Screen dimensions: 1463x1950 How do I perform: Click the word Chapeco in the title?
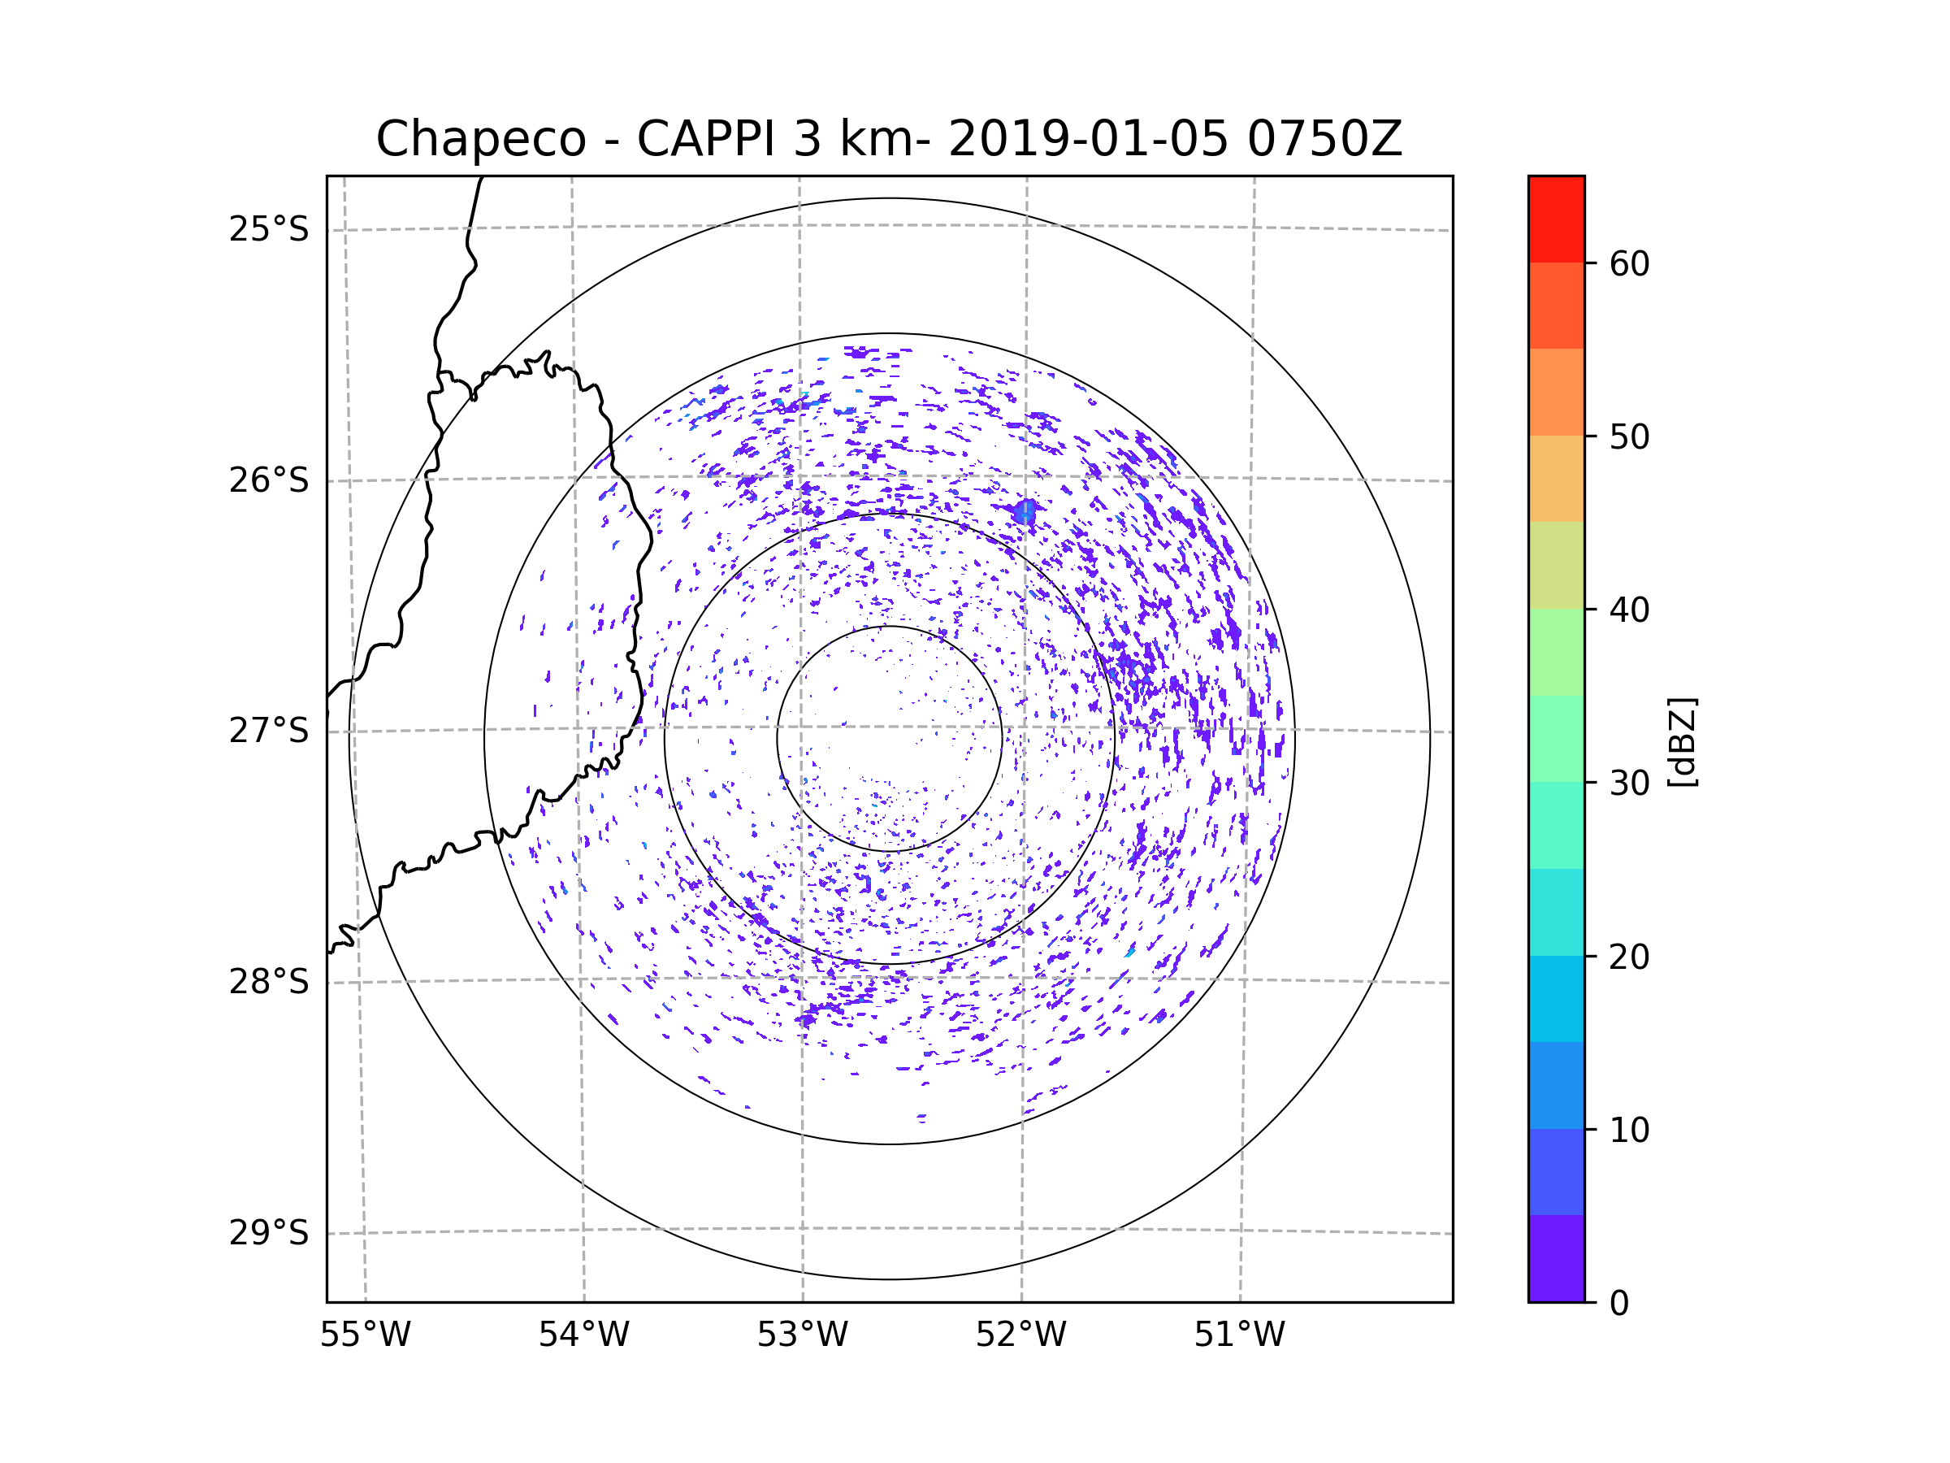pyautogui.click(x=480, y=139)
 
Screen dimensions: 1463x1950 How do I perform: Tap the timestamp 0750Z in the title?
pyautogui.click(x=1324, y=139)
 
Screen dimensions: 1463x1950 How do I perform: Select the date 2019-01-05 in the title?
pyautogui.click(x=1088, y=139)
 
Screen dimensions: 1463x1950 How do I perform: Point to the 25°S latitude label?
pyautogui.click(x=269, y=229)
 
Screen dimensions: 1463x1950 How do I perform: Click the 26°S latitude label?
pyautogui.click(x=269, y=480)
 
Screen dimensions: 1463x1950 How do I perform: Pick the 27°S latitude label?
pyautogui.click(x=269, y=731)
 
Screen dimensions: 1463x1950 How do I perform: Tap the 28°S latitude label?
pyautogui.click(x=269, y=982)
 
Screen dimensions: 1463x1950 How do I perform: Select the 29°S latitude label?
pyautogui.click(x=269, y=1233)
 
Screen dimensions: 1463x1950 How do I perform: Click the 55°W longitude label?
pyautogui.click(x=365, y=1335)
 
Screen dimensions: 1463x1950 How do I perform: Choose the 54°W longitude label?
pyautogui.click(x=583, y=1335)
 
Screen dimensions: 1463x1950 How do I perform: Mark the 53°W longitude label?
pyautogui.click(x=802, y=1335)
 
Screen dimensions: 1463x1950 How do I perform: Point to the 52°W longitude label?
pyautogui.click(x=1020, y=1335)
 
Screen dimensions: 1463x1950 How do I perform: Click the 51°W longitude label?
pyautogui.click(x=1239, y=1335)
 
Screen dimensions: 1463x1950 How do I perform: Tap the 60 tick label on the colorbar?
pyautogui.click(x=1629, y=263)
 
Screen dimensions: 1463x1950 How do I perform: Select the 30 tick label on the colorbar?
pyautogui.click(x=1629, y=783)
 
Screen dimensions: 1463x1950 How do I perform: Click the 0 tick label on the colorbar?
pyautogui.click(x=1619, y=1303)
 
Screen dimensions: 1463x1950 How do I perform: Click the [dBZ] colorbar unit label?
pyautogui.click(x=1682, y=741)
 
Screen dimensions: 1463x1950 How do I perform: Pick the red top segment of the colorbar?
pyautogui.click(x=1556, y=219)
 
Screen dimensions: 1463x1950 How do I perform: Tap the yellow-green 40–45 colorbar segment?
pyautogui.click(x=1556, y=565)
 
